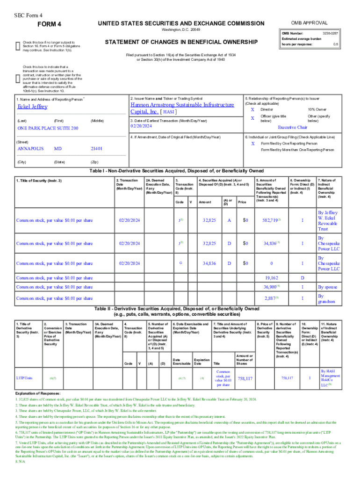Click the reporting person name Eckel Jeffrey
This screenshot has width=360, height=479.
tap(32, 107)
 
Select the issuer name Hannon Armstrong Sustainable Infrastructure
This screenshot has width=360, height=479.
tap(182, 105)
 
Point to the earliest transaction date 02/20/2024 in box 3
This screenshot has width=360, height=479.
tap(142, 127)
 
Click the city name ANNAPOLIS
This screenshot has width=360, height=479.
tap(30, 149)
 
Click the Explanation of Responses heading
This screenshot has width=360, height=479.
tap(38, 393)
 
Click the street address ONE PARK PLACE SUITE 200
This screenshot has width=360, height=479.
tap(48, 128)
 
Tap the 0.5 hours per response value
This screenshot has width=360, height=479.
tap(346, 44)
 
